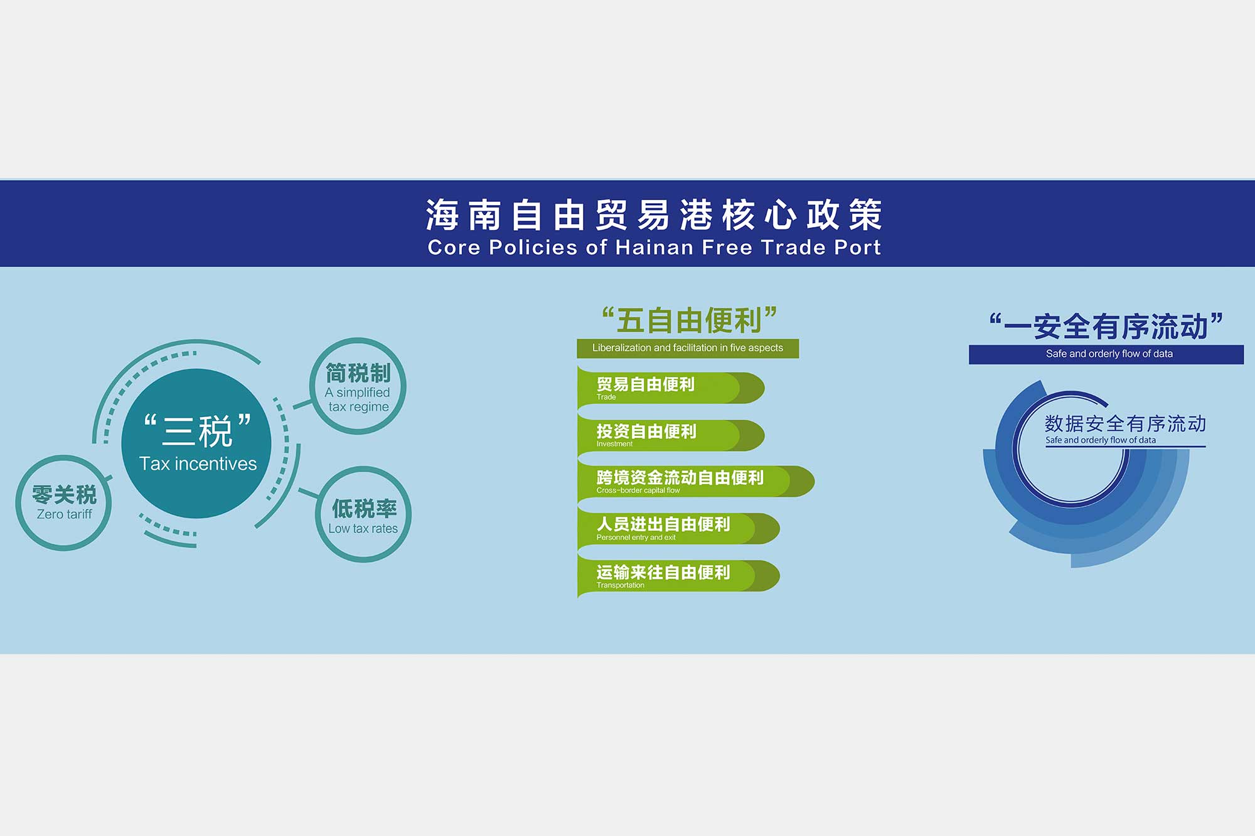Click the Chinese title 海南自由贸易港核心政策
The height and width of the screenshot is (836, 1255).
point(654,214)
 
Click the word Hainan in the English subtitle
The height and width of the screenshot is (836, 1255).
point(655,247)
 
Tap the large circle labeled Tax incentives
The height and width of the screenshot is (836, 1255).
point(196,443)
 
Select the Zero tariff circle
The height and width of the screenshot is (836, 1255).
point(63,503)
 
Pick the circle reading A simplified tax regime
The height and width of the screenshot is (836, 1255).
point(358,386)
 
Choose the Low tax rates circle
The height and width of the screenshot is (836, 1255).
point(363,514)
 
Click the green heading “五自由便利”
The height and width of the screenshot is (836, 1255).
point(689,320)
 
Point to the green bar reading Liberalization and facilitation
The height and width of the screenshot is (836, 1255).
point(688,348)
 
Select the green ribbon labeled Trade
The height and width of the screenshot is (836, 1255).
point(670,388)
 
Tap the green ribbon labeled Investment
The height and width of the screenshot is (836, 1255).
point(670,435)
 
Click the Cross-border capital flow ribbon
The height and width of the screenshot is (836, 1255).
point(695,482)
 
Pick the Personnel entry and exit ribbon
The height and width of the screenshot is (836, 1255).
point(678,529)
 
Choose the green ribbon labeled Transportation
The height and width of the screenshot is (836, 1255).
point(678,576)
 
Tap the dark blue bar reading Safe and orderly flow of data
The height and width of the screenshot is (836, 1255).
point(1106,354)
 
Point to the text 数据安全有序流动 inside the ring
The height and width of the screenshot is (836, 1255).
point(1125,424)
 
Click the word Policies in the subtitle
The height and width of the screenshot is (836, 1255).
point(533,247)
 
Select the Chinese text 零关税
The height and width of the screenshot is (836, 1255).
point(64,495)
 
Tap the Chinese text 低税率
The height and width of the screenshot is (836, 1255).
point(364,508)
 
